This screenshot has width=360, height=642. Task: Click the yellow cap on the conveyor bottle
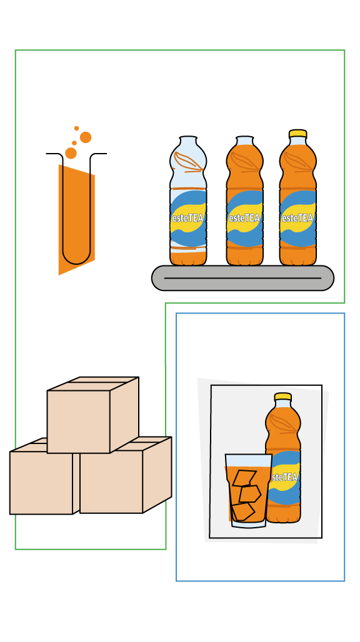click(297, 134)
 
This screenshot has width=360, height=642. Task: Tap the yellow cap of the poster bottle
click(282, 397)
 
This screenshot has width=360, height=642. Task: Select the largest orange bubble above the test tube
click(86, 137)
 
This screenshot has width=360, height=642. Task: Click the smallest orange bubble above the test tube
click(77, 128)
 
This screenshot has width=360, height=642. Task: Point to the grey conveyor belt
click(242, 278)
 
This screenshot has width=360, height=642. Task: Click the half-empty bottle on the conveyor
click(188, 200)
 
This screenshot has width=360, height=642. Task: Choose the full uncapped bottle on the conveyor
click(244, 200)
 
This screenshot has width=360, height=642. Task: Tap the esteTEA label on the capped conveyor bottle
click(297, 218)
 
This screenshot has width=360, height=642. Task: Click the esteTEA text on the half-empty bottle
click(188, 218)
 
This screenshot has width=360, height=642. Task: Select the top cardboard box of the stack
click(92, 415)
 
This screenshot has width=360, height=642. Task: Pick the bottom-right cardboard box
click(126, 475)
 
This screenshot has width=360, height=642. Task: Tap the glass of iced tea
click(248, 490)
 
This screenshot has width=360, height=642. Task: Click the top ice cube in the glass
click(244, 478)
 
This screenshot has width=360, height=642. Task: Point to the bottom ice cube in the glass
click(243, 511)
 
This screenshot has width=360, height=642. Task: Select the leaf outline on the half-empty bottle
click(188, 162)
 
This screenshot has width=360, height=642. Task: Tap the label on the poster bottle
click(286, 478)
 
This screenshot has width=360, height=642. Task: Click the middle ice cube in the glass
click(250, 494)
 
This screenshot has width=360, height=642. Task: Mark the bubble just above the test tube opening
click(71, 153)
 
